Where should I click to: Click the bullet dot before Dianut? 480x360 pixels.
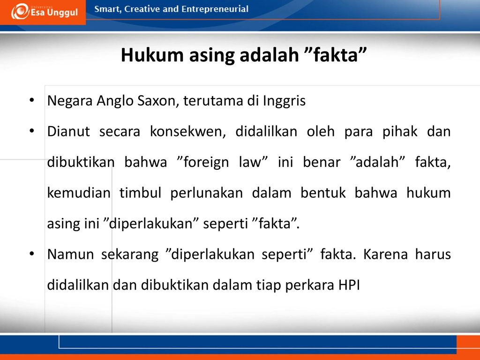31,132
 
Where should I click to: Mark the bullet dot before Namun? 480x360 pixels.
31,254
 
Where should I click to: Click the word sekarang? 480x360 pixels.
130,255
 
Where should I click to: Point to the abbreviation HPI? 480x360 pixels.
348,285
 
